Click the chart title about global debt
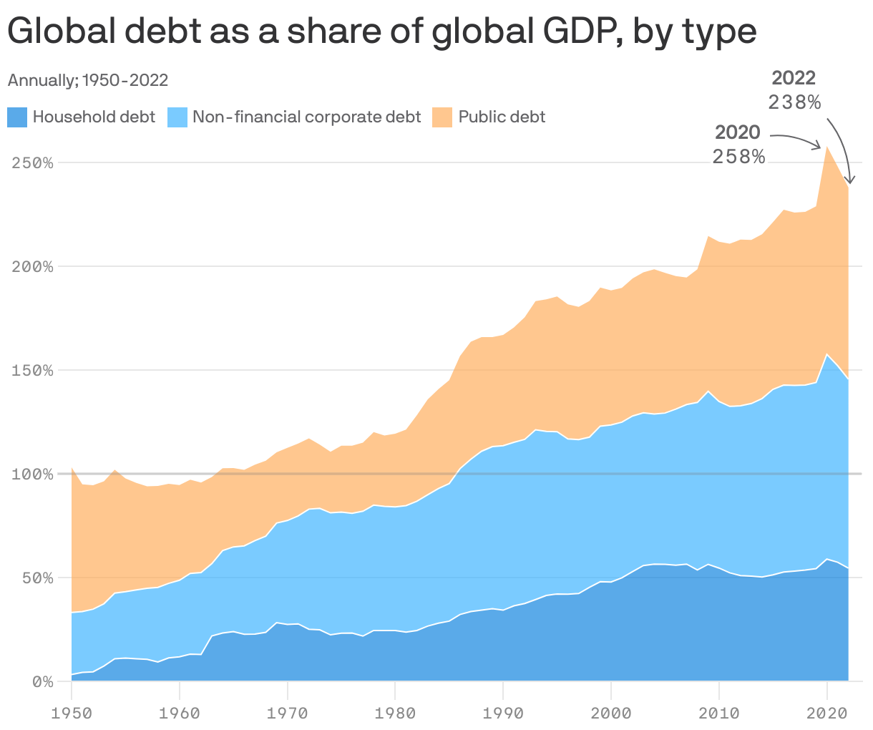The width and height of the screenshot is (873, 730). [x=381, y=31]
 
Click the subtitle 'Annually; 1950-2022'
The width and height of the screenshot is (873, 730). [x=87, y=80]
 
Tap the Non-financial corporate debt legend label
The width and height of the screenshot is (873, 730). [x=306, y=117]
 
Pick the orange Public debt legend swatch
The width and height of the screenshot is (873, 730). [x=442, y=117]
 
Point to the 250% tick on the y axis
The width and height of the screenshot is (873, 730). [x=33, y=162]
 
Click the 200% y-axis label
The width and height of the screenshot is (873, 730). [x=33, y=266]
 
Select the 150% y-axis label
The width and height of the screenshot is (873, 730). [x=33, y=370]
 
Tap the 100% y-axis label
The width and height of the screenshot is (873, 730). [x=33, y=474]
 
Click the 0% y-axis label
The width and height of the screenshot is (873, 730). [x=42, y=681]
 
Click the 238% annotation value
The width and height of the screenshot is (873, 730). [x=794, y=102]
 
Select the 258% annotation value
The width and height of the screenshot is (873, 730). [x=738, y=156]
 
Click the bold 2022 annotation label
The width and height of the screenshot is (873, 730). [x=794, y=77]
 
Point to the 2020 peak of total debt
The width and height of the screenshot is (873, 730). [x=827, y=147]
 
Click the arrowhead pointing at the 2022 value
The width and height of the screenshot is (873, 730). [x=850, y=180]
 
